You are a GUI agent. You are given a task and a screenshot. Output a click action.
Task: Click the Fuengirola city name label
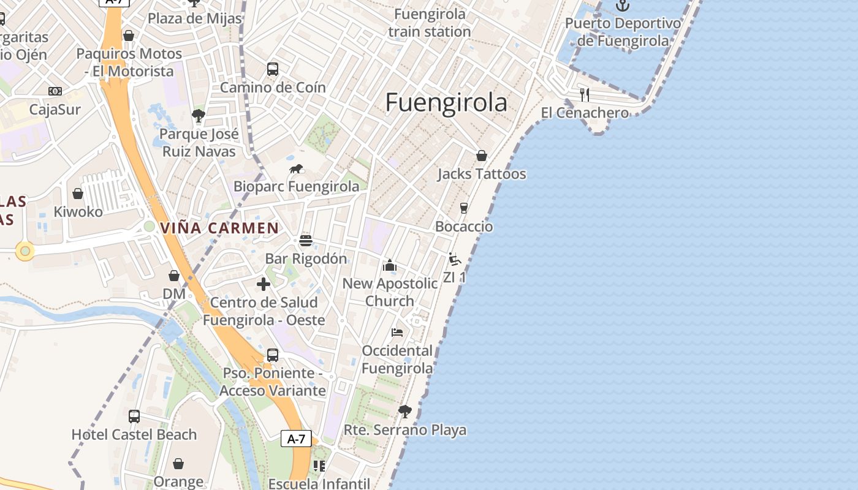(x=446, y=103)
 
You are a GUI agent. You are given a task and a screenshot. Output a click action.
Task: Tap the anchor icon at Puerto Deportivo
(x=623, y=6)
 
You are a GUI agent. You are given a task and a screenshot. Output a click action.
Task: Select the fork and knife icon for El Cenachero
(x=585, y=94)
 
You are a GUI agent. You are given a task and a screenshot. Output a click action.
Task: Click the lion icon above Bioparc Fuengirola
(x=297, y=168)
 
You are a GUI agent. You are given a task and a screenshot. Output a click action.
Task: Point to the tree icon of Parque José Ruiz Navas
(x=198, y=115)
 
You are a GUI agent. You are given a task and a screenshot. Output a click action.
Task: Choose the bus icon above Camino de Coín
(x=273, y=69)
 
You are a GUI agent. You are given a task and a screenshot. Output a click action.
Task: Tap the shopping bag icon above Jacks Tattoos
(x=482, y=156)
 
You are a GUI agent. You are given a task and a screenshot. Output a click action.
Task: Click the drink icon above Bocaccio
(x=464, y=208)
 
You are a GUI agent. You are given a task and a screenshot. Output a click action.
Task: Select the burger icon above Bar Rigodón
(x=306, y=240)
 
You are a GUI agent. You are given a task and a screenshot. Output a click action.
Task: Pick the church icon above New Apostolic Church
(x=389, y=265)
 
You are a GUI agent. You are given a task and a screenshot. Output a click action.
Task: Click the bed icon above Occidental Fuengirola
(x=397, y=333)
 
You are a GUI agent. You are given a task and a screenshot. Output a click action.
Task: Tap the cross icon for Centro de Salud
(x=264, y=284)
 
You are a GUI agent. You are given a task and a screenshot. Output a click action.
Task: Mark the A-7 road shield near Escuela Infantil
(x=297, y=439)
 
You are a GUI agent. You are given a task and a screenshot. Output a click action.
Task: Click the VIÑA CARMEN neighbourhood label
(x=219, y=228)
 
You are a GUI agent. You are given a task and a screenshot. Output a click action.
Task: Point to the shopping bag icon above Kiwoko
(x=78, y=194)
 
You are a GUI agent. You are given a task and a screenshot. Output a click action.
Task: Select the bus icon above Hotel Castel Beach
(x=134, y=417)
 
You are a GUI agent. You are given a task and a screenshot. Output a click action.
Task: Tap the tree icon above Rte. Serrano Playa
(x=404, y=411)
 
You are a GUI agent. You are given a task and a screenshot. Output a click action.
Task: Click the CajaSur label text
(x=55, y=110)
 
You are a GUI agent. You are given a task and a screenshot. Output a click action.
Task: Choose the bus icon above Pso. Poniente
(x=273, y=355)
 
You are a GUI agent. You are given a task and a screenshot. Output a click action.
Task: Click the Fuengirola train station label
(x=430, y=23)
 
